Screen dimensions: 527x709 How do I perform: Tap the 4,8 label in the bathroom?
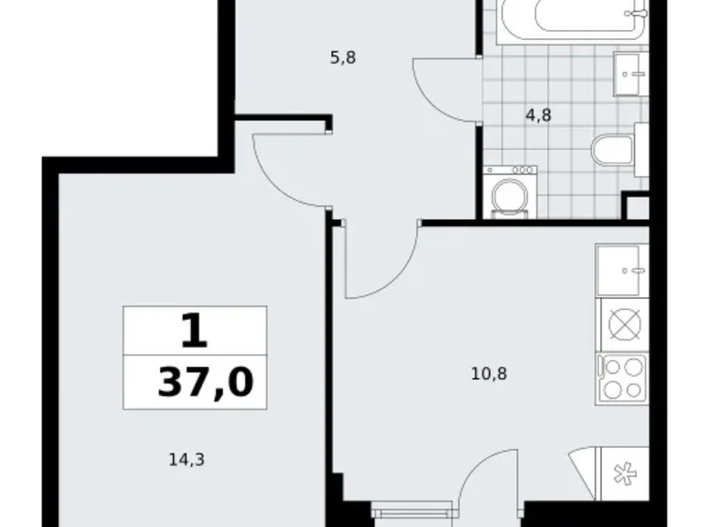pyautogui.click(x=538, y=115)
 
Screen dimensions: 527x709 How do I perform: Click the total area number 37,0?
pyautogui.click(x=205, y=382)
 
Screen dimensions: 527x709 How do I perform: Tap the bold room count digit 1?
pyautogui.click(x=194, y=332)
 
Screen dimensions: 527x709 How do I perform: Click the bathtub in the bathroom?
pyautogui.click(x=582, y=18)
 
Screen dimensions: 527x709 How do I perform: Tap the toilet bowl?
pyautogui.click(x=612, y=151)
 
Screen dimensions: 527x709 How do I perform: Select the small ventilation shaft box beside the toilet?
pyautogui.click(x=637, y=206)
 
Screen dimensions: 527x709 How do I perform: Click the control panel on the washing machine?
pyautogui.click(x=512, y=170)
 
